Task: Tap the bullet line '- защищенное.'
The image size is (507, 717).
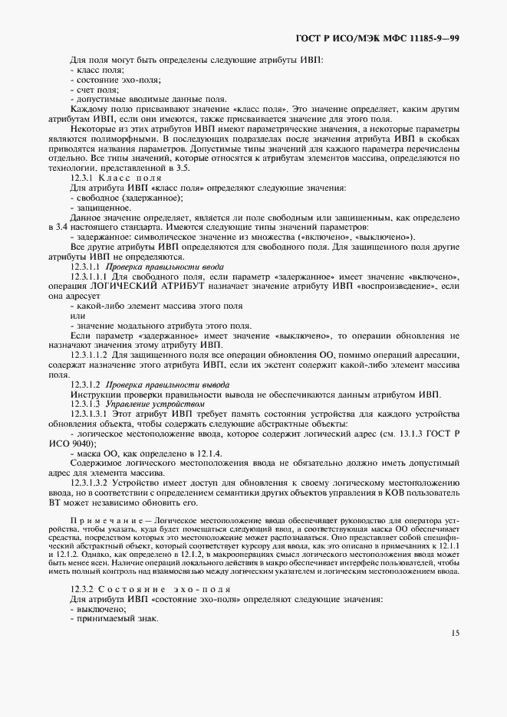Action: click(x=100, y=208)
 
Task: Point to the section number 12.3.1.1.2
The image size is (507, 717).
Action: click(x=91, y=355)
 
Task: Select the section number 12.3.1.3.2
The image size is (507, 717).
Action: click(x=91, y=483)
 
